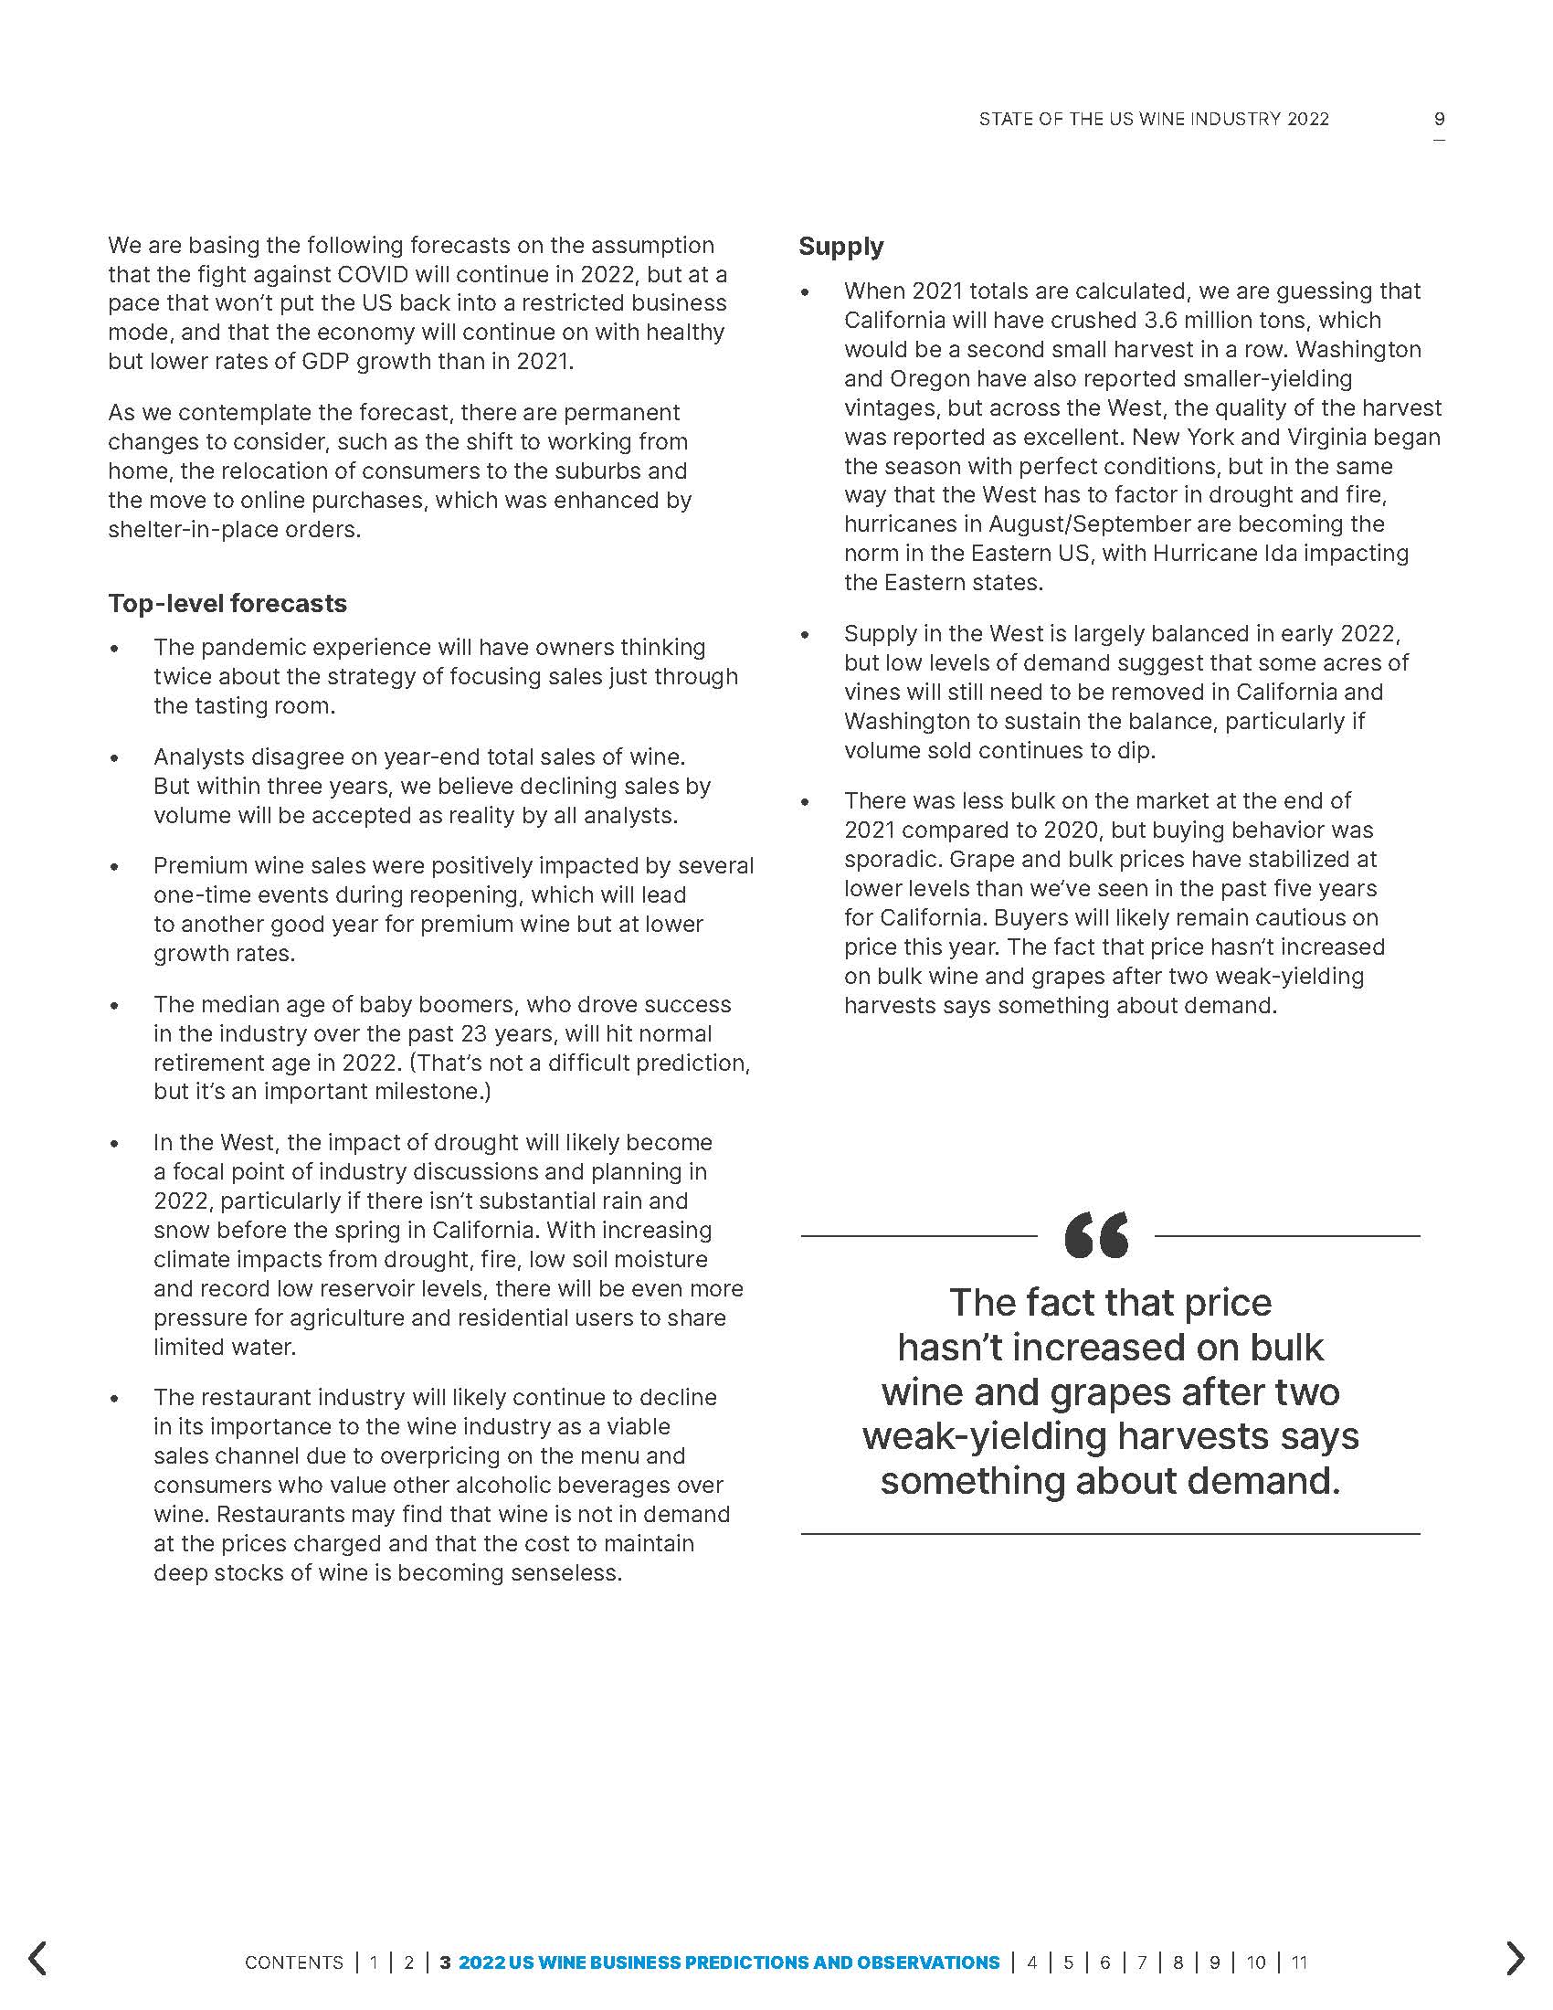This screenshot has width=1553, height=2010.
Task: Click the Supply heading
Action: [x=840, y=247]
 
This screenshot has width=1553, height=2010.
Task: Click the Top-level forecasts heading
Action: [x=227, y=604]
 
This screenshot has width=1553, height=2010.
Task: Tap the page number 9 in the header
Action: [x=1439, y=119]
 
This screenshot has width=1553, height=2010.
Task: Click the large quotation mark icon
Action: [x=1095, y=1235]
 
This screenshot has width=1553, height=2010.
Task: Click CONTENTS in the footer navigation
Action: [x=293, y=1962]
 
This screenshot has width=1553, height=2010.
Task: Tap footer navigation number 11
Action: [x=1298, y=1962]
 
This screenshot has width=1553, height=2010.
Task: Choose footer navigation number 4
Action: [x=1031, y=1962]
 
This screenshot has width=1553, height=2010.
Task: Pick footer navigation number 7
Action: [x=1142, y=1962]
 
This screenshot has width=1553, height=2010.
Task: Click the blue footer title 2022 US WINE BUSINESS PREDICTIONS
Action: [x=729, y=1962]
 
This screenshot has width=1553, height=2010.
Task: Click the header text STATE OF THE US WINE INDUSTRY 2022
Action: [x=1154, y=119]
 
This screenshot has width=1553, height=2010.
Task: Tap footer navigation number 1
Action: [x=374, y=1962]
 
